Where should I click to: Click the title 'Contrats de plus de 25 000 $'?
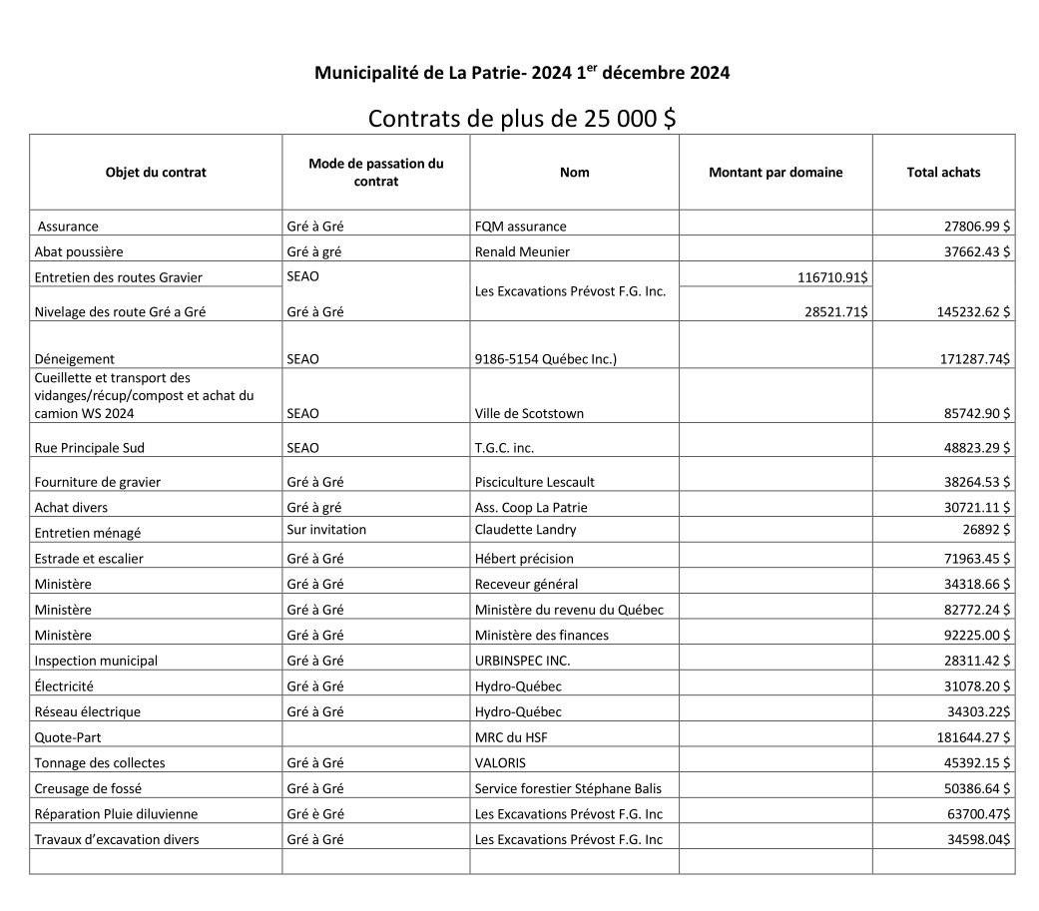tap(522, 118)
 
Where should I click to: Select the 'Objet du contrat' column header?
tap(156, 172)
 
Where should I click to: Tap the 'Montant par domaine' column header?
tap(776, 172)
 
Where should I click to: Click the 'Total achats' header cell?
tap(943, 172)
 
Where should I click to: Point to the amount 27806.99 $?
tap(970, 227)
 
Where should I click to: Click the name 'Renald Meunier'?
tap(522, 251)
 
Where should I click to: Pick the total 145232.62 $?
tap(966, 312)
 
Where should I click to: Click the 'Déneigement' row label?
tap(75, 359)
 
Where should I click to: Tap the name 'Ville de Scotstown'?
tap(529, 413)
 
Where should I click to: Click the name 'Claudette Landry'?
tap(525, 530)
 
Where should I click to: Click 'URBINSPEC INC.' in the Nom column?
tap(522, 661)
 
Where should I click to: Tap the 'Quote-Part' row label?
tap(68, 737)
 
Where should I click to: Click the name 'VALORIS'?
tap(500, 763)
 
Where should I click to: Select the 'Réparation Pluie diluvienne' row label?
tap(116, 814)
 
